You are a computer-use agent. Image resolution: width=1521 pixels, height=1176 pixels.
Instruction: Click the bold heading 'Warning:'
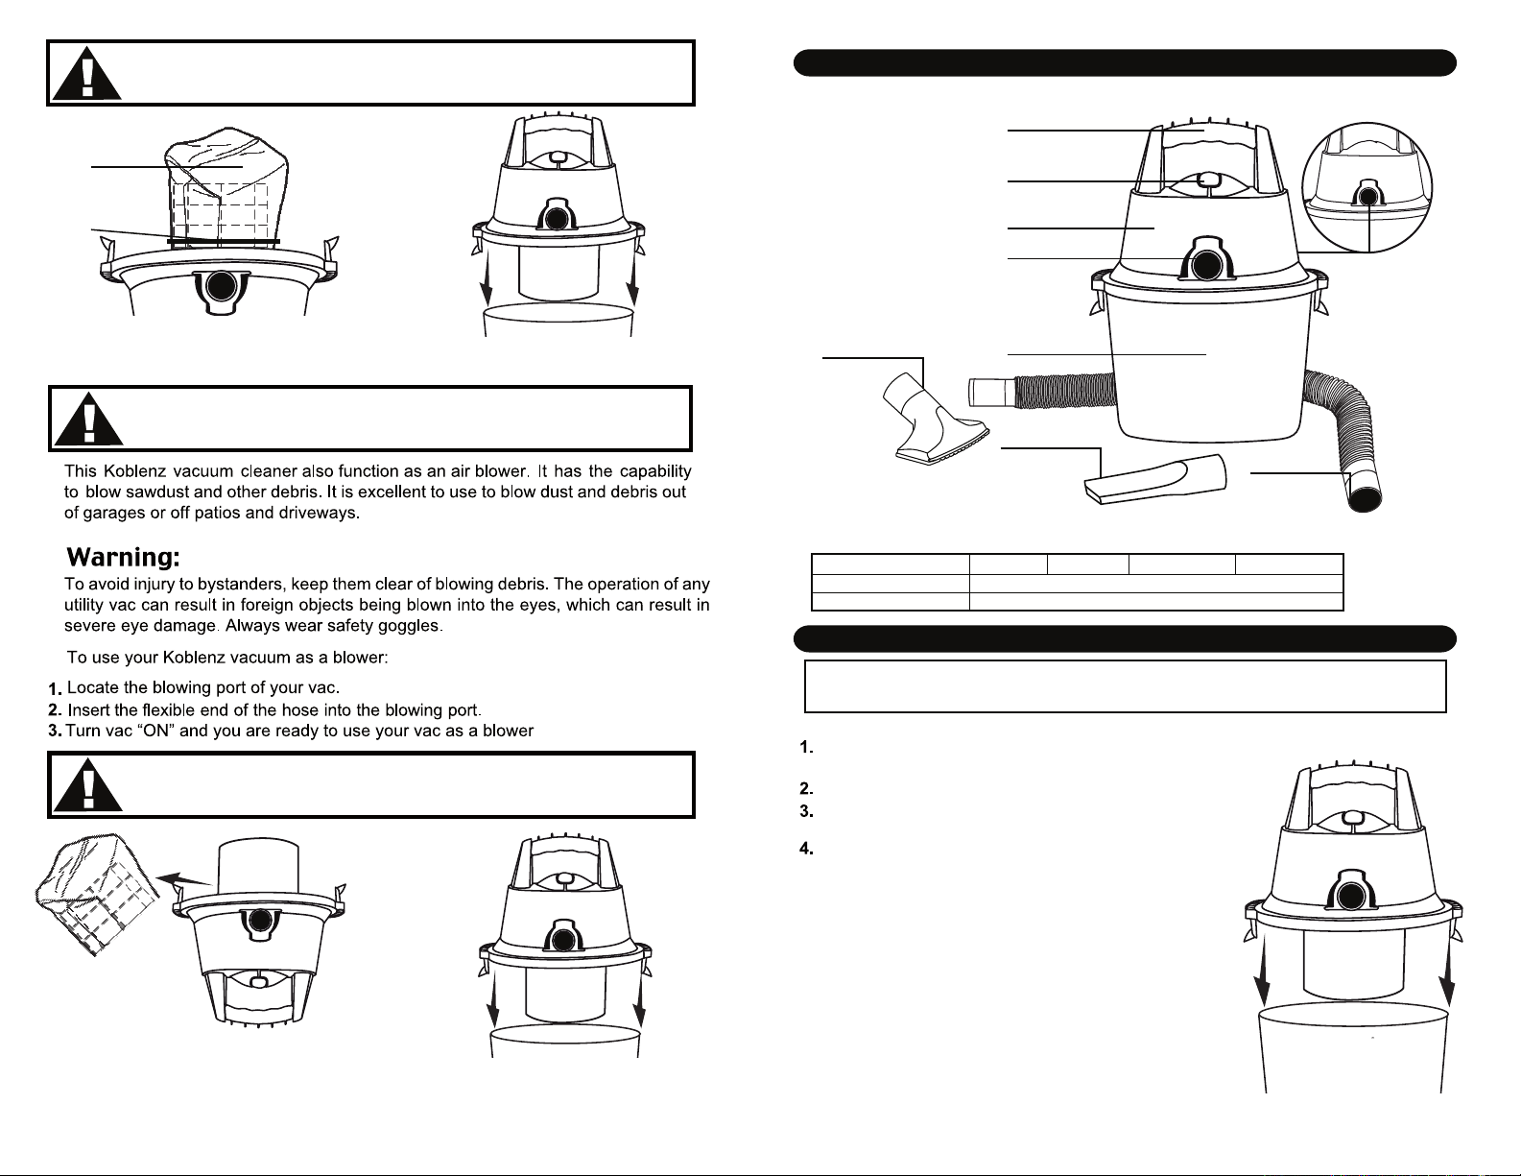(123, 558)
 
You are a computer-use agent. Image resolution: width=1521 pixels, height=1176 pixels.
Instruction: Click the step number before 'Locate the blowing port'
(56, 689)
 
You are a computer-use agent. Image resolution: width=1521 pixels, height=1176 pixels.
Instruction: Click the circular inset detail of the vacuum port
(1367, 186)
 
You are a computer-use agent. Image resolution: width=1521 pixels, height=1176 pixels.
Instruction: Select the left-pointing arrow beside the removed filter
(182, 877)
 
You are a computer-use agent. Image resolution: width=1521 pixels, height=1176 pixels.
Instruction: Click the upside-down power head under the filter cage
(258, 970)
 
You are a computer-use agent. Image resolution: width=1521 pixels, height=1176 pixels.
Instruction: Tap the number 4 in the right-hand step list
(807, 849)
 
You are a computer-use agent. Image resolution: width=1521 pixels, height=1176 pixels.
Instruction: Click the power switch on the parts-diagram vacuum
(1208, 179)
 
